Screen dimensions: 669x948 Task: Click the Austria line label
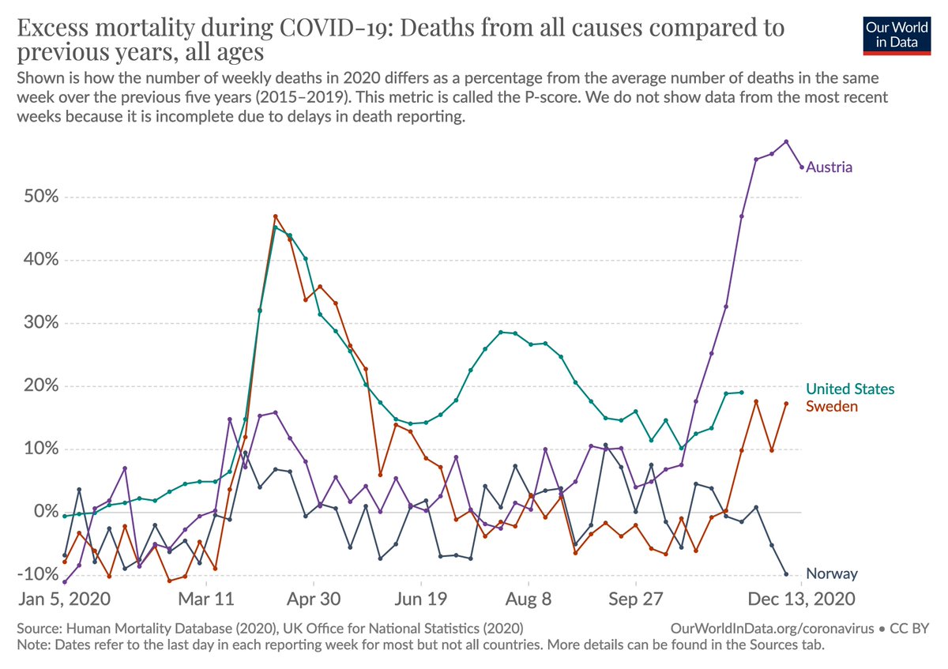pyautogui.click(x=829, y=167)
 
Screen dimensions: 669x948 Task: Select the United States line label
pyautogui.click(x=849, y=389)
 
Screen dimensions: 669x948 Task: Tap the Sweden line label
pyautogui.click(x=831, y=406)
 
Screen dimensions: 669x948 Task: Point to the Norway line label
pyautogui.click(x=831, y=573)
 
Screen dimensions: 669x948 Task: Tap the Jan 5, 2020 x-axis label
pyautogui.click(x=65, y=599)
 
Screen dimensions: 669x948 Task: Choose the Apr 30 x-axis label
pyautogui.click(x=314, y=599)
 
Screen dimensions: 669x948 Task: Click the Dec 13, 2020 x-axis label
pyautogui.click(x=802, y=599)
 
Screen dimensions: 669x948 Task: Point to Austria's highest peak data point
pyautogui.click(x=786, y=142)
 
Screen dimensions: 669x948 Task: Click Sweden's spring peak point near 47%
pyautogui.click(x=276, y=216)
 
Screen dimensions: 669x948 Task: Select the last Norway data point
pyautogui.click(x=786, y=574)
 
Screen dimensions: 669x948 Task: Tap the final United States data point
pyautogui.click(x=741, y=393)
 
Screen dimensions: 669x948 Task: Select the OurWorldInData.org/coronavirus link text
pyautogui.click(x=771, y=629)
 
